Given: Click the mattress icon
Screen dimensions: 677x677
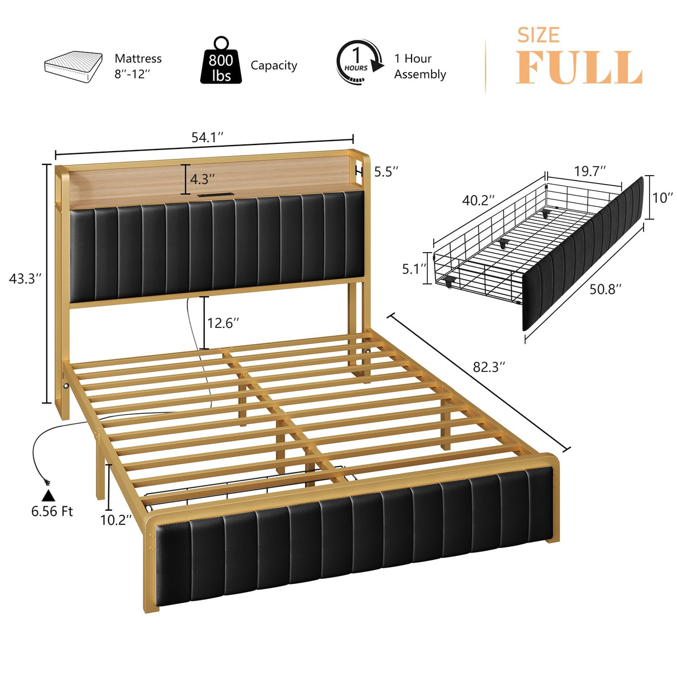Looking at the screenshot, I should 73,66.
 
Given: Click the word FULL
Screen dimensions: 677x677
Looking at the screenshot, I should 579,68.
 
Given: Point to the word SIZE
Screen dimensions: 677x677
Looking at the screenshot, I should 538,35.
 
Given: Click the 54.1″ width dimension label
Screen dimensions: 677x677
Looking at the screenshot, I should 207,137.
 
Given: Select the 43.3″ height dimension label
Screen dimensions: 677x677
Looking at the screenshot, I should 26,278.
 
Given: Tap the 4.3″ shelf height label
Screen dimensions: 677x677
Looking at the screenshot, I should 202,179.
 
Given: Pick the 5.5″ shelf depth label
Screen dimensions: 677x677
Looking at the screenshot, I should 386,171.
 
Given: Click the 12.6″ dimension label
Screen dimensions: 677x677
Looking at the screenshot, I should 223,323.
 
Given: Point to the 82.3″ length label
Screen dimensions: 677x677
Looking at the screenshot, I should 489,366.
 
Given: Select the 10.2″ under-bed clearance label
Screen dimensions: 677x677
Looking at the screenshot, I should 116,520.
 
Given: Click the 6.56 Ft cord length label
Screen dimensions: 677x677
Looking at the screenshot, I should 52,511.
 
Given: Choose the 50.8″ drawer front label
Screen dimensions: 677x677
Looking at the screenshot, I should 606,289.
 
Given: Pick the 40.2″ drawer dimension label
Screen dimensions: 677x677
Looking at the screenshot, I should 478,200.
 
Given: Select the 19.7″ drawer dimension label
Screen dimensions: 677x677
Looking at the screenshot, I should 590,171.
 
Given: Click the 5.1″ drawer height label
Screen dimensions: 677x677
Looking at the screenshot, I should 414,269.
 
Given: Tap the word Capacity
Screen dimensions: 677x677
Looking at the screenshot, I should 274,66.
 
